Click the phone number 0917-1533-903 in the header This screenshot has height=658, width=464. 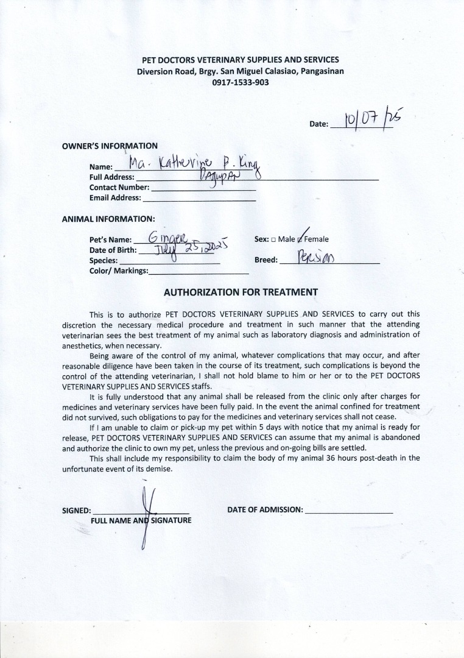click(x=241, y=82)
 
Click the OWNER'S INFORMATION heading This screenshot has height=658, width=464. click(x=110, y=146)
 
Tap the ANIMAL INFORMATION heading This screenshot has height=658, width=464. click(x=108, y=219)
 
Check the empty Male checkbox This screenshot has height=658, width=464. click(x=273, y=240)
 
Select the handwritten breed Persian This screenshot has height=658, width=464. click(x=317, y=258)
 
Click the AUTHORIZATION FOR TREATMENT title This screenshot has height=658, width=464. click(x=241, y=292)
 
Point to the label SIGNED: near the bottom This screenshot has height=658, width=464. click(x=77, y=511)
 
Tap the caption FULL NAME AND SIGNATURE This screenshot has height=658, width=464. click(x=141, y=521)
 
